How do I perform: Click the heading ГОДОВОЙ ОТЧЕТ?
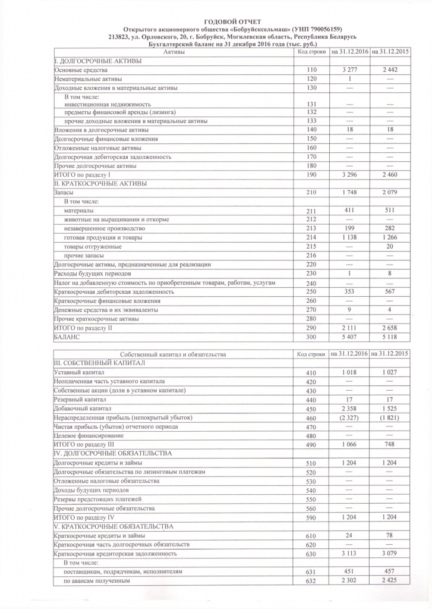[216, 21]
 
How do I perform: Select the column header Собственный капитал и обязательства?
[173, 354]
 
